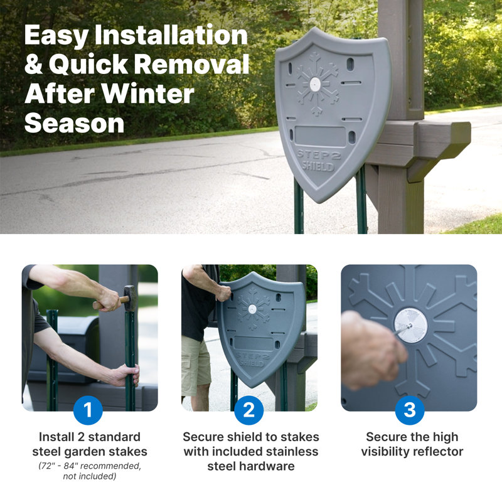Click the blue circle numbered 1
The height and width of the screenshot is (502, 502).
point(88,410)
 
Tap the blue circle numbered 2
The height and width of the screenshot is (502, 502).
point(249,410)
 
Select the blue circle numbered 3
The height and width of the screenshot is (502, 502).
point(409,410)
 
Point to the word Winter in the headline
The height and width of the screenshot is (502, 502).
point(149,94)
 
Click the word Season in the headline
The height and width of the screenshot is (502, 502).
point(75,123)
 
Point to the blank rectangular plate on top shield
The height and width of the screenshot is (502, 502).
point(320,136)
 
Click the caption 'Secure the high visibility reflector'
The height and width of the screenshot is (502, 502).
point(412,444)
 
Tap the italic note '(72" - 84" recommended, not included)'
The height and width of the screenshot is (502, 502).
point(89,472)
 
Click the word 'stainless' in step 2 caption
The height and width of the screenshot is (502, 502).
point(287,452)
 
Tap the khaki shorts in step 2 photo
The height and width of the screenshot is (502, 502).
point(196,364)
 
